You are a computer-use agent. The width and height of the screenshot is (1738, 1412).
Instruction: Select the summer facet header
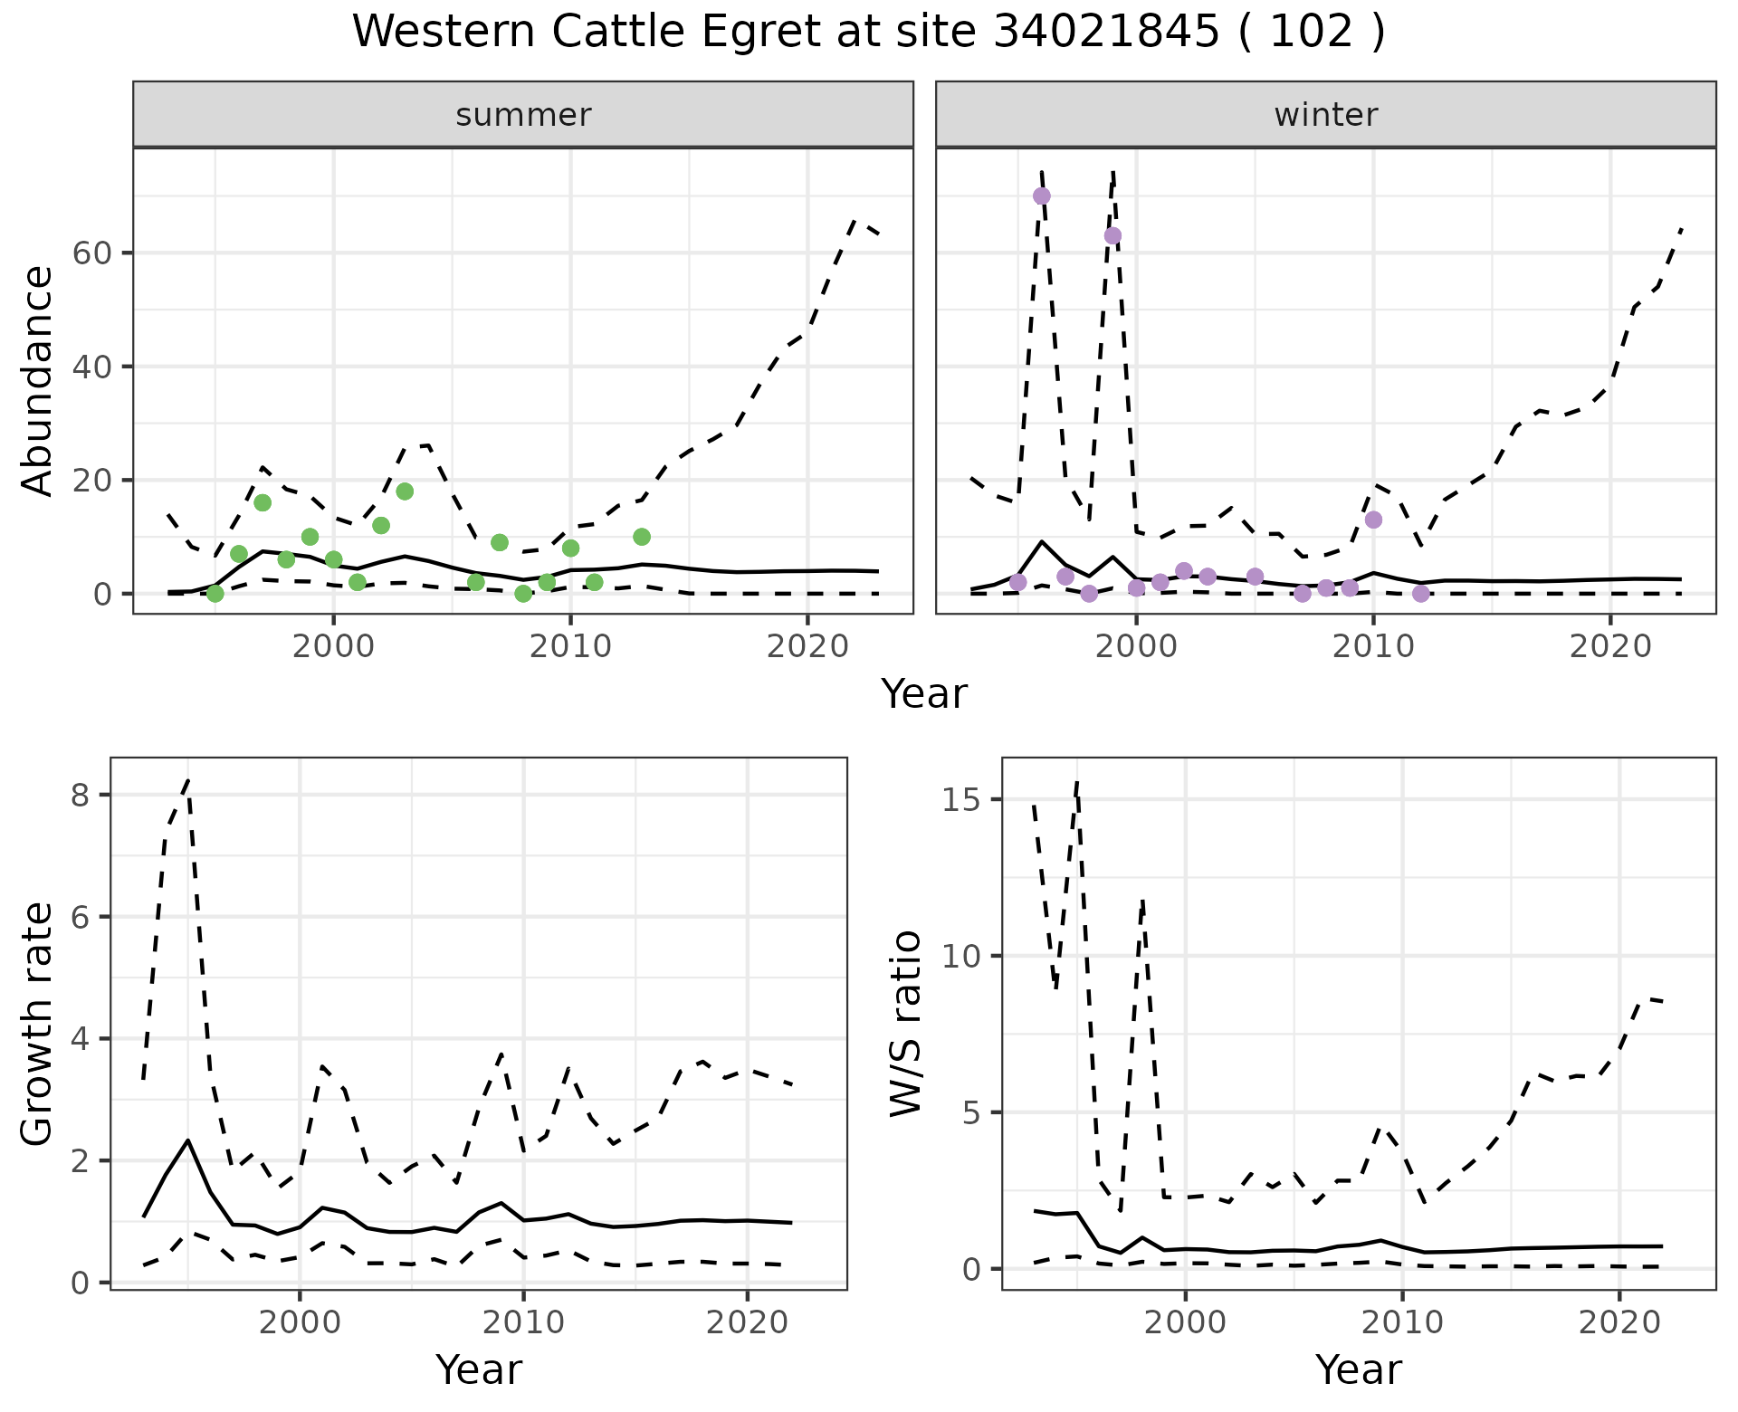pyautogui.click(x=522, y=115)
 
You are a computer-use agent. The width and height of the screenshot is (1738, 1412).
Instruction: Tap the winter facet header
pyautogui.click(x=1325, y=115)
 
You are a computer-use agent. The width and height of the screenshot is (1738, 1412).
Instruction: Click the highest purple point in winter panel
pyautogui.click(x=1042, y=196)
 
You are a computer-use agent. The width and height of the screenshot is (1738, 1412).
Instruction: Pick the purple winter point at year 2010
pyautogui.click(x=1373, y=520)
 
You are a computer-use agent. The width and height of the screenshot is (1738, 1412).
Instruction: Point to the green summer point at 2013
pyautogui.click(x=642, y=537)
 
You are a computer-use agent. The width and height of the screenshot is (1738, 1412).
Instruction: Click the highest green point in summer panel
pyautogui.click(x=405, y=491)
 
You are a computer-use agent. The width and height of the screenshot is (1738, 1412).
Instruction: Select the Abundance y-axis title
pyautogui.click(x=38, y=380)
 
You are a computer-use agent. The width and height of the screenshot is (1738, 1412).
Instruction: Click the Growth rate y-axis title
pyautogui.click(x=38, y=1024)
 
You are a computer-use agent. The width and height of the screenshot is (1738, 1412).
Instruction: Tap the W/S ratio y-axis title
pyautogui.click(x=905, y=1024)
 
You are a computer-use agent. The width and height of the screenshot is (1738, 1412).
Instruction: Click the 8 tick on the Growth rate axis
pyautogui.click(x=80, y=796)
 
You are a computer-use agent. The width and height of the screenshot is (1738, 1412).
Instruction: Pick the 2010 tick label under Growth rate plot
pyautogui.click(x=523, y=1322)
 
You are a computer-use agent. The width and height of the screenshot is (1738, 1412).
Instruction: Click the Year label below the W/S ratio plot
pyautogui.click(x=1358, y=1369)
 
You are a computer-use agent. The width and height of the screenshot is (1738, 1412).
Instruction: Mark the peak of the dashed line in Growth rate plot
pyautogui.click(x=187, y=780)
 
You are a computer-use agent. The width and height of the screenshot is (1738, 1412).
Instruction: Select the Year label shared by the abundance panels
pyautogui.click(x=924, y=694)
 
